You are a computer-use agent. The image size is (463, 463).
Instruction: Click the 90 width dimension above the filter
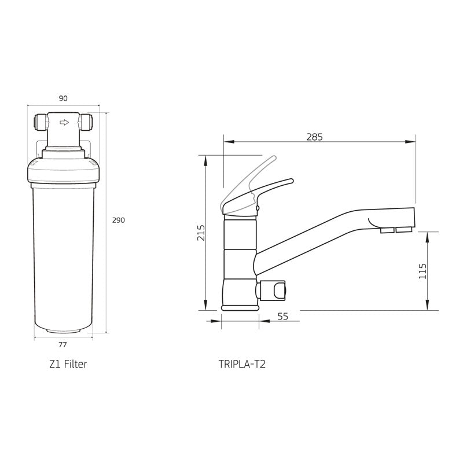tap(63, 98)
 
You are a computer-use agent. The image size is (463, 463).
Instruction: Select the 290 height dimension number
tap(118, 220)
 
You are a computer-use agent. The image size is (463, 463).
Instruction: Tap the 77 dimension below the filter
tap(63, 344)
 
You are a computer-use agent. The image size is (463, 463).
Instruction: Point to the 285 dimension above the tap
tap(314, 137)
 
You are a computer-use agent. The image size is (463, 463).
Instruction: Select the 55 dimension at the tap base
tap(282, 316)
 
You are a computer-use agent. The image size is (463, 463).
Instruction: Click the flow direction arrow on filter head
tap(64, 122)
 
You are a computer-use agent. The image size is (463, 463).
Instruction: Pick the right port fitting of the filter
tap(89, 122)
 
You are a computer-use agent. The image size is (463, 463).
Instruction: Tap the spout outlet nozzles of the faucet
tap(395, 231)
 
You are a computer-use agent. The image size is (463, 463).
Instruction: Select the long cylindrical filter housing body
tap(63, 255)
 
